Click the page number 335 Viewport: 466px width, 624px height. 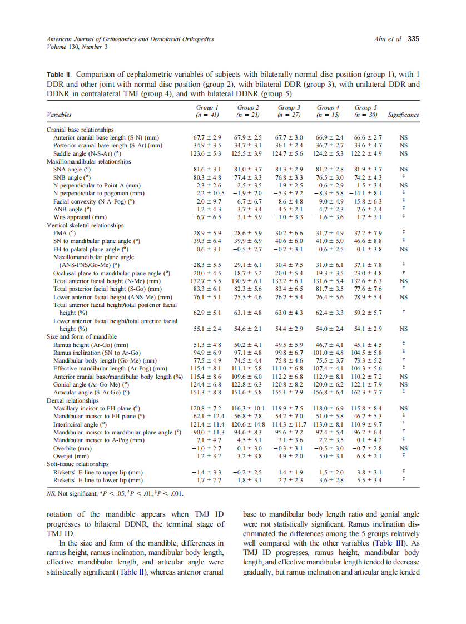click(x=413, y=39)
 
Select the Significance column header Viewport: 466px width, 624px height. click(x=404, y=115)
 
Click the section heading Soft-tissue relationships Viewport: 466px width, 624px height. click(x=78, y=463)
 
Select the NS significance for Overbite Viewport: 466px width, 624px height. click(x=404, y=448)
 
